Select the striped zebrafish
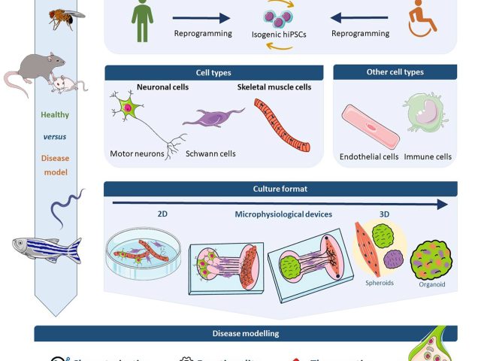46,246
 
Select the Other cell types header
395,72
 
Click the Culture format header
280,189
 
